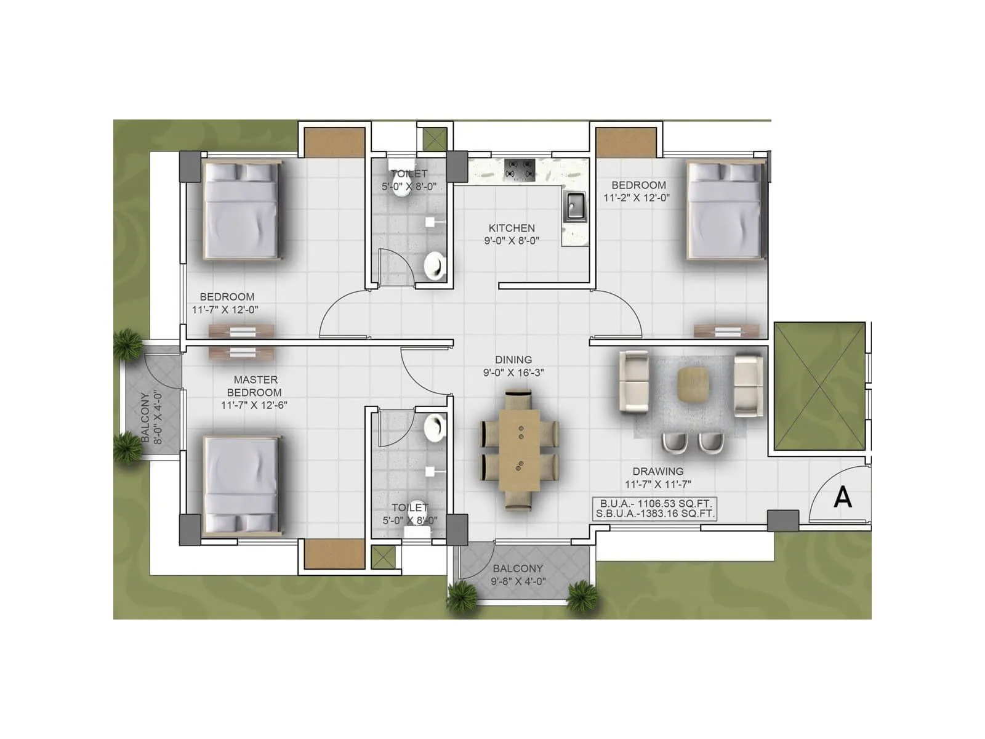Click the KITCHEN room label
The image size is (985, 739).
tap(512, 228)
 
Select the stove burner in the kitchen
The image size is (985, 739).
tap(520, 169)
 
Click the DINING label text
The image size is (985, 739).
tap(513, 360)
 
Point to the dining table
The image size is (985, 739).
tap(519, 450)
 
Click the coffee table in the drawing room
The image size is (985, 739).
tap(693, 385)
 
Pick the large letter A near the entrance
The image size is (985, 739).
tap(842, 497)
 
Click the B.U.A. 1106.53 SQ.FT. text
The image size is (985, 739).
tap(656, 503)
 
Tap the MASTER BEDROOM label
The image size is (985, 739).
tap(255, 386)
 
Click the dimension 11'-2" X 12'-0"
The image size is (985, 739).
tap(637, 198)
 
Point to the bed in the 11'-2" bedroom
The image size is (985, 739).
tap(725, 211)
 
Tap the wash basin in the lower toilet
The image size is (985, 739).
tap(435, 427)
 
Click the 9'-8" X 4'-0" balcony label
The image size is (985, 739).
tap(518, 581)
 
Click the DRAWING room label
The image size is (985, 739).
tap(658, 471)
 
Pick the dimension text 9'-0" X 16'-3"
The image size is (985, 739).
tap(513, 373)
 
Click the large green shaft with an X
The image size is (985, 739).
tap(819, 386)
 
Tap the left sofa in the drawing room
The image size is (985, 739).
tap(633, 382)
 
